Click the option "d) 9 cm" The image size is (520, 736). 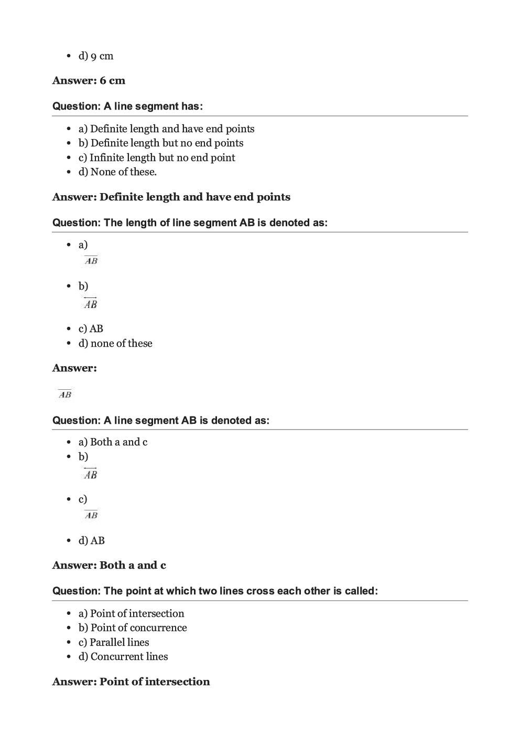[96, 56]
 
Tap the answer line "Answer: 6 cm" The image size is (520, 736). [89, 81]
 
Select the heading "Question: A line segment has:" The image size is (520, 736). [127, 106]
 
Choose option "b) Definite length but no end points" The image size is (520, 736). [161, 143]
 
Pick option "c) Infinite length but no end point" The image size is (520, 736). [157, 158]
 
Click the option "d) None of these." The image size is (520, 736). [117, 172]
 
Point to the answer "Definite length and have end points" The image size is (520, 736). [194, 197]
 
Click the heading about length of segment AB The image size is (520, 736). [190, 223]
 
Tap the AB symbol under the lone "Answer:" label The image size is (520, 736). [65, 394]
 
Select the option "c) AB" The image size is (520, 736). [91, 329]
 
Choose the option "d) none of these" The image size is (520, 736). [115, 344]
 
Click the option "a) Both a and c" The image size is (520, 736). [113, 442]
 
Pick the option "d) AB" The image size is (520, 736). [92, 541]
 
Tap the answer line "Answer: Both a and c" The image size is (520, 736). [109, 566]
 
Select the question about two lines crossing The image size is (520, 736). [215, 591]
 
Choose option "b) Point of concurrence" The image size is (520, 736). [133, 628]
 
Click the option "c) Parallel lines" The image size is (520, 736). [114, 643]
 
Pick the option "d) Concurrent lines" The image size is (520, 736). [123, 657]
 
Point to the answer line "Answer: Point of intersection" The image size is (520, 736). [131, 682]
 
